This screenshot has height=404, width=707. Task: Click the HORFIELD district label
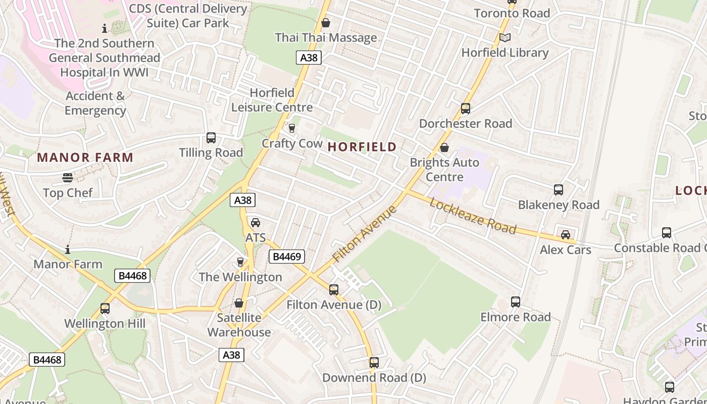(362, 147)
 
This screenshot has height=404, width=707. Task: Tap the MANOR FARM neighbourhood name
(85, 157)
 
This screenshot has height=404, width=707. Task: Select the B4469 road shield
(287, 257)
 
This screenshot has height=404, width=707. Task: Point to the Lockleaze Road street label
(473, 216)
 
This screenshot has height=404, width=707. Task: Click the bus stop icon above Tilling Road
(211, 138)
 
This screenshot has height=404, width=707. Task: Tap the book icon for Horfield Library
(504, 38)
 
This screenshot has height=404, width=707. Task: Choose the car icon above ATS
(256, 223)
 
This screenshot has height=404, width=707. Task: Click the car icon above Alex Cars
(566, 235)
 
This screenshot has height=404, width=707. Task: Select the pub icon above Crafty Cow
(291, 128)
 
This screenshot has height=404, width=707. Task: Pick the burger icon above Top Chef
(68, 178)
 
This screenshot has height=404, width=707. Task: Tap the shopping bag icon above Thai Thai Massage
(326, 23)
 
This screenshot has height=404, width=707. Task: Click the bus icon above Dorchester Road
(465, 109)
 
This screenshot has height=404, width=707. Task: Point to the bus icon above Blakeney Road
(559, 190)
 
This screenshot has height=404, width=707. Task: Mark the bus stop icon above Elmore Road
(515, 302)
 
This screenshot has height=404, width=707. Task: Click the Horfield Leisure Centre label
(272, 100)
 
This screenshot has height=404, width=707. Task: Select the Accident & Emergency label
(95, 103)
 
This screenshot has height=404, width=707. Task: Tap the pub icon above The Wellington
(240, 262)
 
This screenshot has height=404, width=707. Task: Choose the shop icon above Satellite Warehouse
(239, 303)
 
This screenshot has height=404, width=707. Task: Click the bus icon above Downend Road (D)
(374, 363)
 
